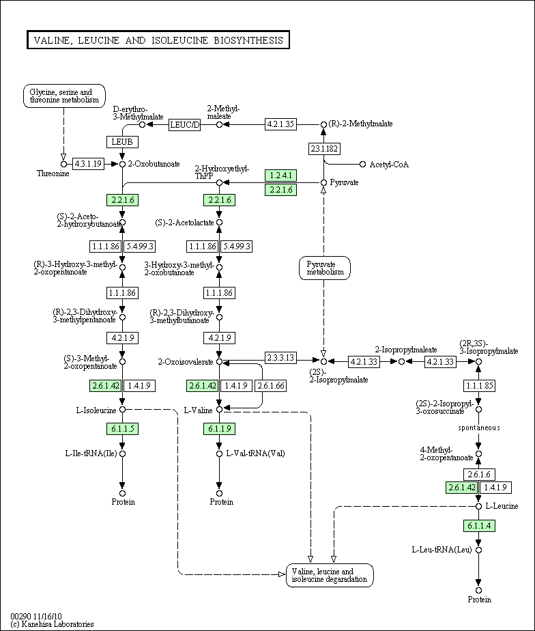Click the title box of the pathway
pyautogui.click(x=158, y=40)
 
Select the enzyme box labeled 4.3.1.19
pyautogui.click(x=88, y=164)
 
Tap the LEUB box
pyautogui.click(x=122, y=142)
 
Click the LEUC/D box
pyautogui.click(x=185, y=125)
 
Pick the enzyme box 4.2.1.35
pyautogui.click(x=280, y=124)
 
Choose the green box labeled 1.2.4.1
pyautogui.click(x=280, y=176)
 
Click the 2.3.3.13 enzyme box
pyautogui.click(x=280, y=357)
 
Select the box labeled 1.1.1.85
pyautogui.click(x=479, y=386)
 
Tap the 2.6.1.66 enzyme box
pyautogui.click(x=271, y=386)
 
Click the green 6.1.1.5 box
pyautogui.click(x=123, y=429)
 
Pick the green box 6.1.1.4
pyautogui.click(x=479, y=526)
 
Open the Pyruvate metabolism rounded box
pyautogui.click(x=325, y=268)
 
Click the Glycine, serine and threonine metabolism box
pyautogui.click(x=64, y=96)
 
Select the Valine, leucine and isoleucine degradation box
pyautogui.click(x=330, y=575)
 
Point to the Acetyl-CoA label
pyautogui.click(x=389, y=165)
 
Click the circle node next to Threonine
pyautogui.click(x=63, y=164)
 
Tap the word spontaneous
pyautogui.click(x=479, y=427)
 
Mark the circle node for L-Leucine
pyautogui.click(x=478, y=506)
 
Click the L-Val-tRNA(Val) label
pyautogui.click(x=255, y=453)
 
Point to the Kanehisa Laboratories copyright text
pyautogui.click(x=53, y=624)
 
